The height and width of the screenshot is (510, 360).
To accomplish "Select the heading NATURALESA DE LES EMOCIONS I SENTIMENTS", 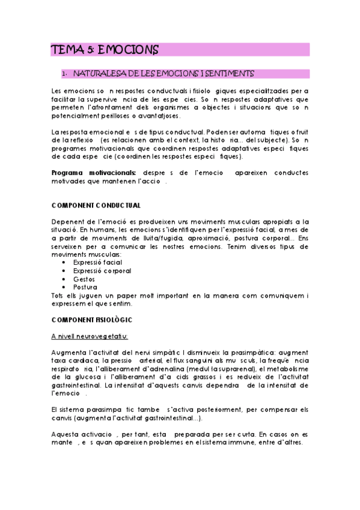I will [163, 74].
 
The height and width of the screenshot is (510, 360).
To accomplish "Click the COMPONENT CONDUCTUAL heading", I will [96, 205].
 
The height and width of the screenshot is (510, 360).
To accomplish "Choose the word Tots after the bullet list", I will [59, 295].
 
